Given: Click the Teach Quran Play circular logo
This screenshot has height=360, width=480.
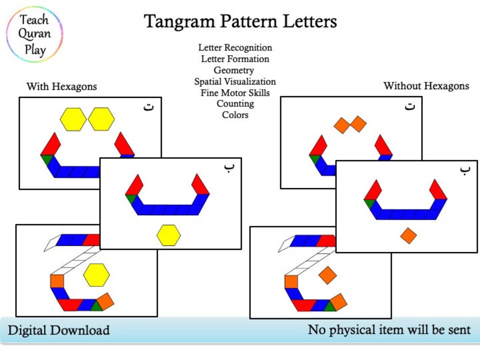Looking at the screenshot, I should tap(35, 35).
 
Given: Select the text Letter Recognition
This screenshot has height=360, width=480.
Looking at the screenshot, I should tap(235, 48).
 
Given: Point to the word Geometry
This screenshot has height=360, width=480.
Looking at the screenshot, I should tap(234, 70).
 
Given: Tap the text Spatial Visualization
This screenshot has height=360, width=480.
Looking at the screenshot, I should tap(235, 82).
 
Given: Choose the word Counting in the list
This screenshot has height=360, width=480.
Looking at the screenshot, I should tap(235, 104).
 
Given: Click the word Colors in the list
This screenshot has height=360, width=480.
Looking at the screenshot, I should tap(235, 115).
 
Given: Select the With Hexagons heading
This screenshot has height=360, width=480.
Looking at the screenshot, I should tap(61, 87).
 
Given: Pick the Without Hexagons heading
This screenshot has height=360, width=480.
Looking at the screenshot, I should tap(426, 86).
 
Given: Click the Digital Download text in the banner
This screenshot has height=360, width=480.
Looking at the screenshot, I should tap(59, 330).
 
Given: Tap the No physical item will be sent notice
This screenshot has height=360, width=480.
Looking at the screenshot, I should tap(389, 329).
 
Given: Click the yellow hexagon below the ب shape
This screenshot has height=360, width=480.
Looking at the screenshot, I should tap(168, 235).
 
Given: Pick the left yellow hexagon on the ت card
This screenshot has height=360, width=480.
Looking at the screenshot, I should tap(73, 119).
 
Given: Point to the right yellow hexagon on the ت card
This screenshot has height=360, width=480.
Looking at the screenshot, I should tap(101, 119).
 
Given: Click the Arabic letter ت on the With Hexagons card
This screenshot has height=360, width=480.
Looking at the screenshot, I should tap(149, 107).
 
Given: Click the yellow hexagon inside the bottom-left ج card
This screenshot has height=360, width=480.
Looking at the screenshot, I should tap(96, 275).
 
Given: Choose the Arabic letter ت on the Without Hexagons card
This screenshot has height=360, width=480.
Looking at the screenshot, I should tap(409, 106).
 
